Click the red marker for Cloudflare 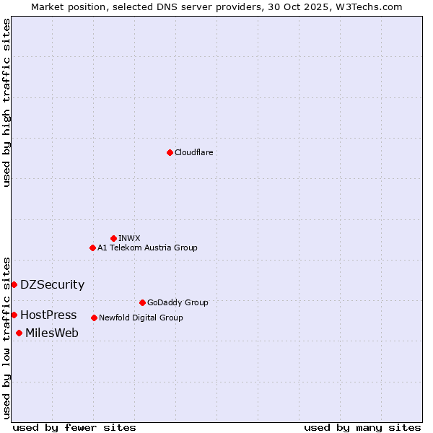pos(170,152)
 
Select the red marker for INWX pos(113,238)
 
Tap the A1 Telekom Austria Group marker pos(92,248)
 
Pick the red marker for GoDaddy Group pos(142,302)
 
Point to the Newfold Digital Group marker pos(94,318)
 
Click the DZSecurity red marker pos(14,284)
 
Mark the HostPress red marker pos(14,315)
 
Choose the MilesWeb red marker pos(19,333)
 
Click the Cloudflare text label pos(193,152)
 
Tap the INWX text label pos(129,238)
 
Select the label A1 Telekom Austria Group pos(147,248)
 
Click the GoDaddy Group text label pos(178,302)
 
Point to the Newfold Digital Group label pos(141,318)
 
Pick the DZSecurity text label pos(52,284)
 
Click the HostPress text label pos(48,315)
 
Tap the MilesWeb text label pos(52,333)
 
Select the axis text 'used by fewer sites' pos(74,427)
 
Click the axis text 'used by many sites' pos(362,427)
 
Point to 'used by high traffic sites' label pos(6,102)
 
